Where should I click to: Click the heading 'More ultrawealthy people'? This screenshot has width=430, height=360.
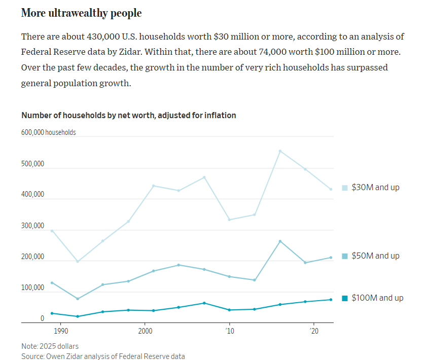tap(81, 13)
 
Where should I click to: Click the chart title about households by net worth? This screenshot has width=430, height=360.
tap(128, 115)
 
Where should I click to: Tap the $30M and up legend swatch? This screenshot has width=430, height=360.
tap(345, 188)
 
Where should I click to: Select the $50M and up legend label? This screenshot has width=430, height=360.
tap(375, 256)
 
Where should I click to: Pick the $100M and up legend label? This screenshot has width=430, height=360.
tap(377, 298)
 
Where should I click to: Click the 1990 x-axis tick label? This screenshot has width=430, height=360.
tap(60, 331)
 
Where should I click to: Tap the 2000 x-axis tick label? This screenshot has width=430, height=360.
tap(145, 331)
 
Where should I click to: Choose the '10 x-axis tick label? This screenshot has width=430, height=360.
tap(229, 331)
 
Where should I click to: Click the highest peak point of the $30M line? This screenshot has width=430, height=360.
tap(280, 151)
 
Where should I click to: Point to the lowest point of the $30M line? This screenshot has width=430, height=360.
tap(78, 262)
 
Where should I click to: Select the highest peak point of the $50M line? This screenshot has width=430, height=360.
tap(280, 241)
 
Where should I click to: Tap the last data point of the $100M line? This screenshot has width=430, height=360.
tap(331, 300)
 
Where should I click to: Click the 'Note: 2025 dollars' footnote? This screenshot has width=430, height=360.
tap(50, 346)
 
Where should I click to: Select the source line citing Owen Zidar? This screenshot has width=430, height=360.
tap(103, 356)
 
